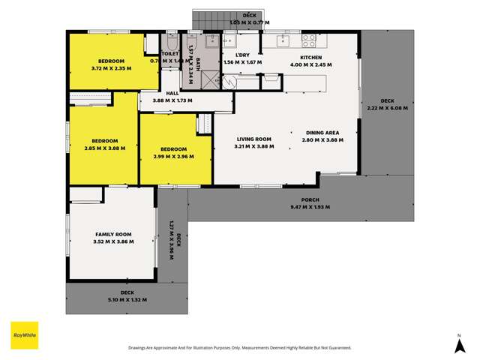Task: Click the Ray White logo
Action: pos(24,335)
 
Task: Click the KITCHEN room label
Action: pos(310,58)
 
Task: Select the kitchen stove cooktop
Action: pos(307,37)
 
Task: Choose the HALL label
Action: pos(172,93)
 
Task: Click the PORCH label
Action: pos(310,199)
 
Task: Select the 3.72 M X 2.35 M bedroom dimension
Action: pos(111,68)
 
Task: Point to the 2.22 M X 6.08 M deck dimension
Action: pos(387,108)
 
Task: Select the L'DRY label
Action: pos(242,56)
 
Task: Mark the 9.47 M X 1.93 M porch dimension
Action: pos(310,207)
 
